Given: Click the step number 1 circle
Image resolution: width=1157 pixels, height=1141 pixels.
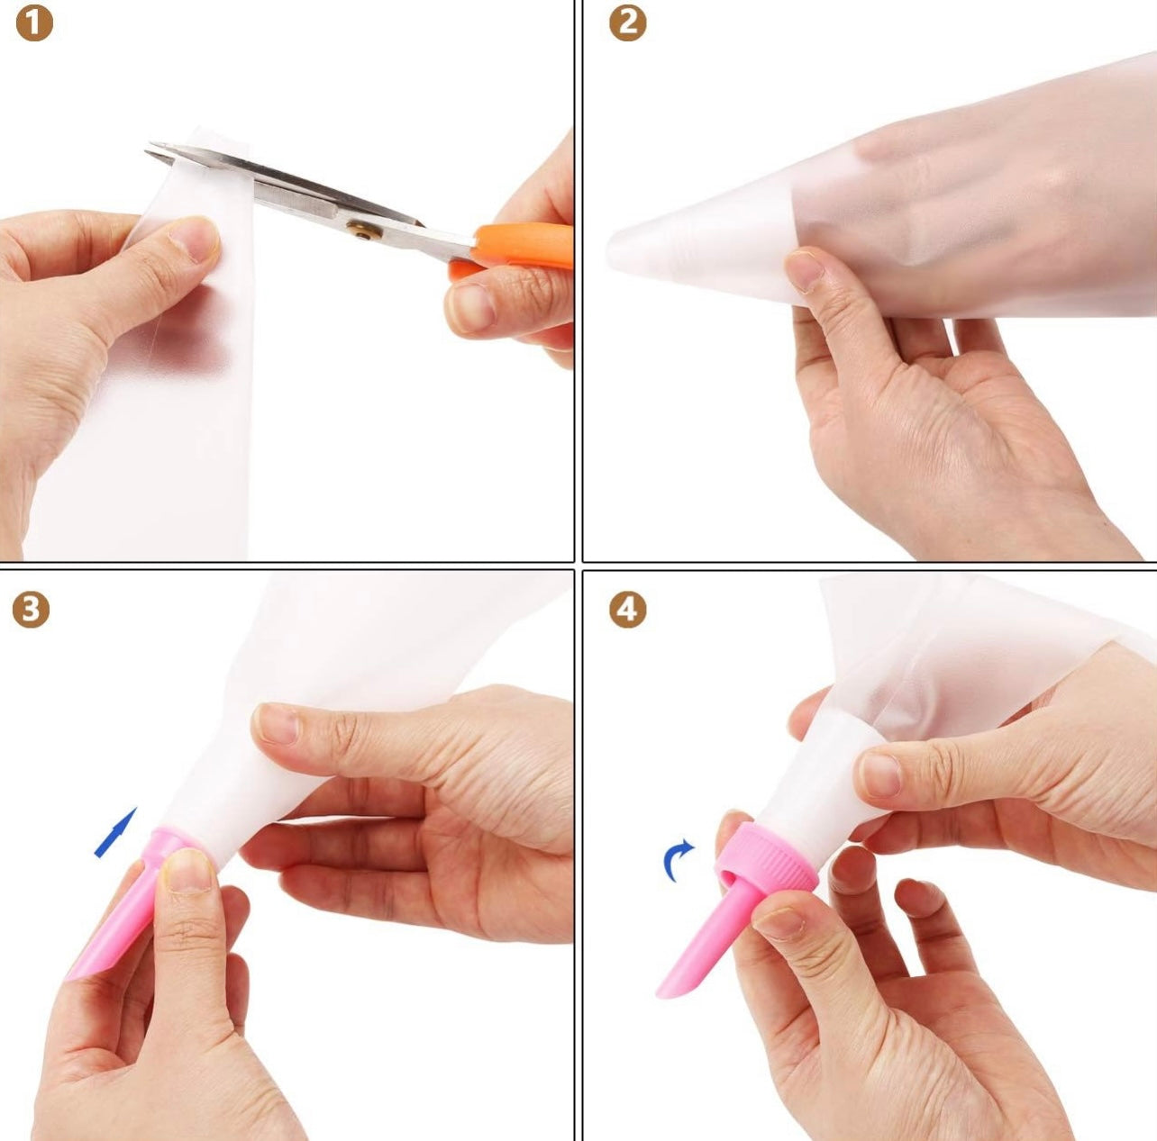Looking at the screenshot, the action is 34,23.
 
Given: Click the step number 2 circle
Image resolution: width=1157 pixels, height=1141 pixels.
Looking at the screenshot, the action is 627,23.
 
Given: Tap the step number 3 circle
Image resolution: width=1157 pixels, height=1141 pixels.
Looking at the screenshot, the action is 31,610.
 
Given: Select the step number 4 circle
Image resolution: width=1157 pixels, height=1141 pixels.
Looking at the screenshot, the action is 627,610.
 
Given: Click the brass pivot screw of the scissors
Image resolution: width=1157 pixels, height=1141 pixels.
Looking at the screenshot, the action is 361,229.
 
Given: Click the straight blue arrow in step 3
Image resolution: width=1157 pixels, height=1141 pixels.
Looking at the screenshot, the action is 116,832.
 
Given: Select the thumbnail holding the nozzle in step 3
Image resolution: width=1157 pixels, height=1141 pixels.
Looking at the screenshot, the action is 188,869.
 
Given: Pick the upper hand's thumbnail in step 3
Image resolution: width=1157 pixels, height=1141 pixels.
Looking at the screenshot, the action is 277,722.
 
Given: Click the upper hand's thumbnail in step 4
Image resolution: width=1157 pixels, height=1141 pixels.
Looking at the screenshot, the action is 880,774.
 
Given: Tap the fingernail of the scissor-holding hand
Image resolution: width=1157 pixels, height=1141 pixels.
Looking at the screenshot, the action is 472,308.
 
